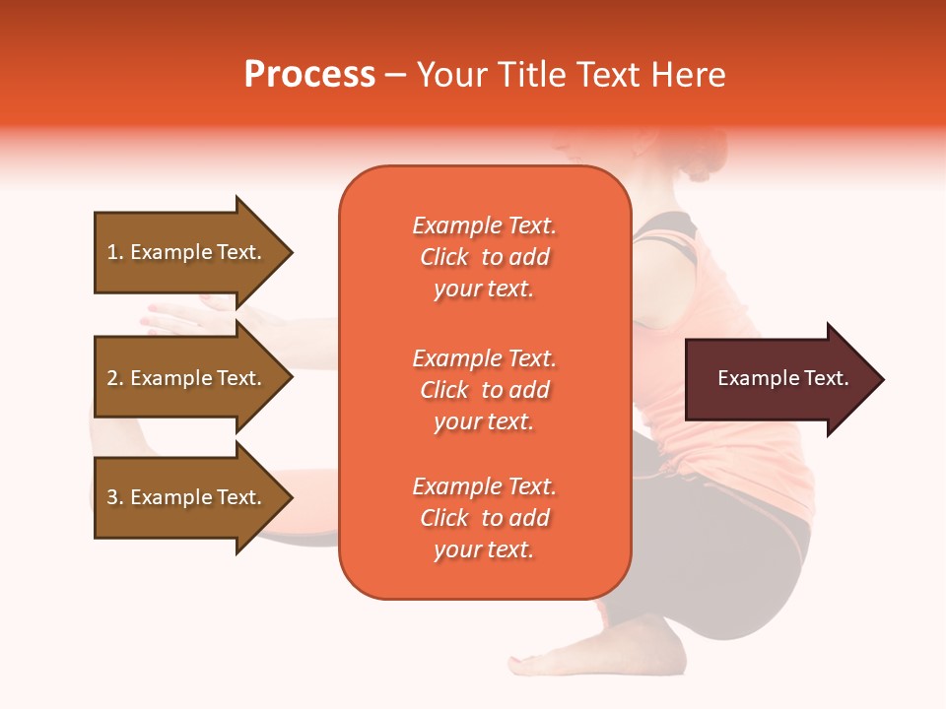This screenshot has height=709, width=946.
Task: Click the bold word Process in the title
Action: pos(309,75)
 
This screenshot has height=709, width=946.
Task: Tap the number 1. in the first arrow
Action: pos(115,252)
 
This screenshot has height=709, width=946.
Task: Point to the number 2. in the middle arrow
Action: pos(115,378)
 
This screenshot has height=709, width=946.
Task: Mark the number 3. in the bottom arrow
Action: pos(115,497)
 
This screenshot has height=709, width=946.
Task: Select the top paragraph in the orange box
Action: pos(484,257)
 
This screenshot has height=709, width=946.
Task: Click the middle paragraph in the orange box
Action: pos(484,390)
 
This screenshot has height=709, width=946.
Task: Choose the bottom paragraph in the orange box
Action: pos(484,518)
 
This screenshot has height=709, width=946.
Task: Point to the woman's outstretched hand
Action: pos(187,315)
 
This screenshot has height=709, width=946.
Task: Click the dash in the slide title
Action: pos(395,76)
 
